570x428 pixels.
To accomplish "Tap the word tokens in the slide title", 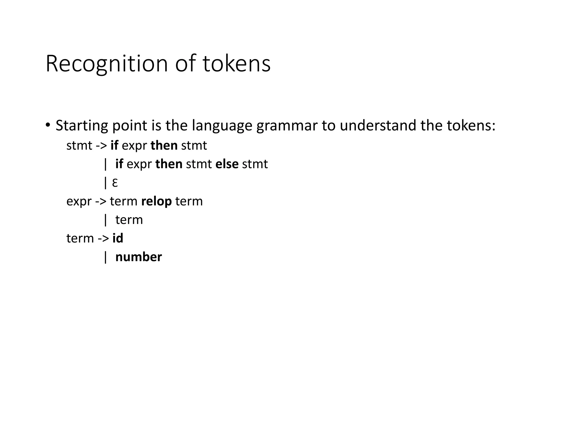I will click(237, 64).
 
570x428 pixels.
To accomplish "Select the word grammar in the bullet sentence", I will click(287, 126).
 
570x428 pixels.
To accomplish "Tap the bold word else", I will click(227, 164).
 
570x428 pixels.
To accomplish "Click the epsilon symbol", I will click(115, 183).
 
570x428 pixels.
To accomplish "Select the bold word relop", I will click(156, 201).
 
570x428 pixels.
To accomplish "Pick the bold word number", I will click(138, 257).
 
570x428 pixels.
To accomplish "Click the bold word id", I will click(118, 238).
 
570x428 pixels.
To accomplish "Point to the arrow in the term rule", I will click(103, 238).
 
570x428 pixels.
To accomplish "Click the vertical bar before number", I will click(105, 257).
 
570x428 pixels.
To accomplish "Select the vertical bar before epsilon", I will click(105, 183).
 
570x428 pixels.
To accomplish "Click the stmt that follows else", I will click(255, 164).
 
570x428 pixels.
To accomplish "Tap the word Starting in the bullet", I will click(82, 126).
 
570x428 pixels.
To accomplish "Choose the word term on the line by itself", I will click(129, 220).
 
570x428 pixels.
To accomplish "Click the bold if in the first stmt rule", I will click(114, 145).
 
